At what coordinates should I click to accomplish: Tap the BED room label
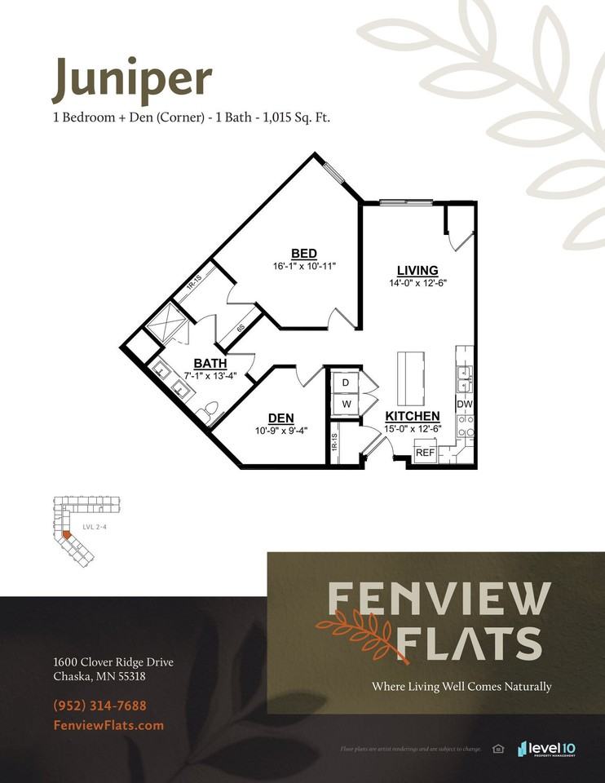coord(304,253)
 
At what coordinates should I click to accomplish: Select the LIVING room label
coord(417,271)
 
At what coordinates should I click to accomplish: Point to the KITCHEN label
coord(413,416)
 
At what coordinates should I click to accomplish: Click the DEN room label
coord(280,418)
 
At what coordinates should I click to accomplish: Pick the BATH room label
coord(210,363)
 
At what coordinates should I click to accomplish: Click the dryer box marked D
coord(345,383)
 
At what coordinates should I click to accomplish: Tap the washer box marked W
coord(345,404)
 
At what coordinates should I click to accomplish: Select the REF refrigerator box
coord(425,453)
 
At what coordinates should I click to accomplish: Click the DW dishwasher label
coord(465,405)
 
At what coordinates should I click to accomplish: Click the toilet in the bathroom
coord(211,410)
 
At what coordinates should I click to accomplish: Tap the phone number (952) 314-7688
coord(100,706)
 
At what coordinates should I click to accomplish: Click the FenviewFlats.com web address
coord(108,725)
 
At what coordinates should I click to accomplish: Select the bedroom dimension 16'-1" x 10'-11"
coord(305,266)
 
